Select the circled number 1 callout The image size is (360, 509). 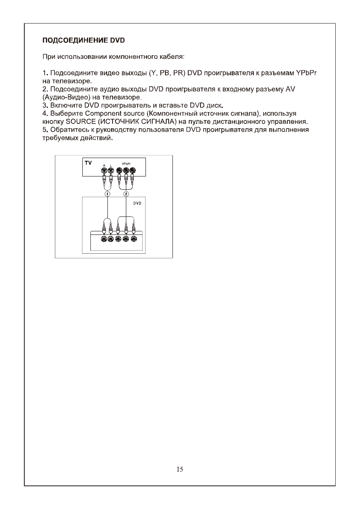click(107, 194)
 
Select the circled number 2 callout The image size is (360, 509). click(126, 194)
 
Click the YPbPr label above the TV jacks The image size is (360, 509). click(127, 164)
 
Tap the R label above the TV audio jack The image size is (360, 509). click(104, 165)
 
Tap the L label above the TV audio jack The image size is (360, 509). click(111, 165)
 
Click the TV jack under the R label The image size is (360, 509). click(104, 171)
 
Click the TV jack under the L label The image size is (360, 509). click(111, 171)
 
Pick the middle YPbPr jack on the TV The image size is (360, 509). click(126, 171)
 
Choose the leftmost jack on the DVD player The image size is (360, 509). click(104, 238)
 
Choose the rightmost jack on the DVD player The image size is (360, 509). click(134, 238)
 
